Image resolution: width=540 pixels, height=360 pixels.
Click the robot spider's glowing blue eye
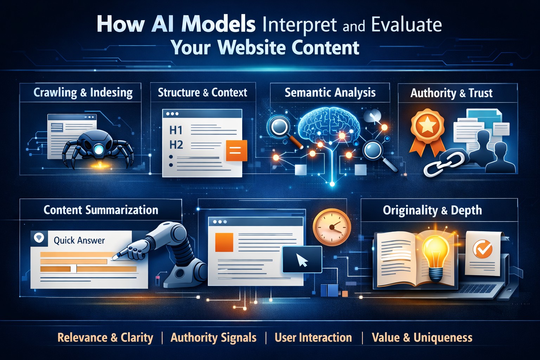point(98,149)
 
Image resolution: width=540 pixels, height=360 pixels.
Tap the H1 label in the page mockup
point(176,130)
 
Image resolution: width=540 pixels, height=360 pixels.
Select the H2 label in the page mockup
point(176,145)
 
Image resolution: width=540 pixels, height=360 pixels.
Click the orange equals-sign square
point(236,150)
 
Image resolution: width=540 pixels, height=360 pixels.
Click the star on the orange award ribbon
point(427,125)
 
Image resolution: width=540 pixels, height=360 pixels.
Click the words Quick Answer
point(79,240)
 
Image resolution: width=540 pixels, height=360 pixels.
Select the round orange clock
point(332,227)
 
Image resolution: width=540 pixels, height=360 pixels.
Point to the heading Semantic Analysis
point(330,93)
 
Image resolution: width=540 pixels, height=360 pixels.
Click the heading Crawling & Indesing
point(83,93)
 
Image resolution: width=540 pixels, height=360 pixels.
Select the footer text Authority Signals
point(213,337)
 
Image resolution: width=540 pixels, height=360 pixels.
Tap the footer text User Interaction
point(313,337)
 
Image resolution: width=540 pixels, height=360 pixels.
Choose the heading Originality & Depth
point(432,211)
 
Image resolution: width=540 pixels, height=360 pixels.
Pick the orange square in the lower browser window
point(224,242)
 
